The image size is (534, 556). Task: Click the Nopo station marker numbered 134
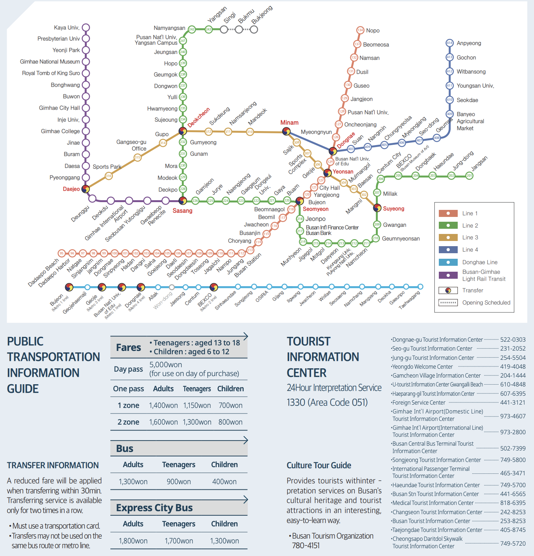[x=360, y=30]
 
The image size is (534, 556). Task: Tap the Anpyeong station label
[x=469, y=43]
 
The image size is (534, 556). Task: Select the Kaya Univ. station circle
[x=86, y=27]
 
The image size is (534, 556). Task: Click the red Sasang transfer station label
[x=183, y=211]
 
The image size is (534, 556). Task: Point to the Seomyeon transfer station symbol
[x=300, y=201]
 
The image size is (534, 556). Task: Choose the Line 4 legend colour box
[x=448, y=249]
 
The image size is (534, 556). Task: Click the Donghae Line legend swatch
[x=448, y=262]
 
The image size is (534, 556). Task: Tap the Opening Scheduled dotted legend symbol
[x=448, y=302]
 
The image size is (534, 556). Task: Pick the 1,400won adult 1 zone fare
[x=163, y=405]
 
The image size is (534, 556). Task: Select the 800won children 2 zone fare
[x=230, y=422]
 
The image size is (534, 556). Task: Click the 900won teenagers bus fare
[x=178, y=482]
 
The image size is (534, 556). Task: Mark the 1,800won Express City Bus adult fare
[x=133, y=541]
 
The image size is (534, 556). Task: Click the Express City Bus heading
[x=154, y=508]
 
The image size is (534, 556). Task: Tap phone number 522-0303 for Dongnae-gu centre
[x=513, y=339]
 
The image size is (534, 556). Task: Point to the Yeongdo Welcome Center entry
[x=423, y=366]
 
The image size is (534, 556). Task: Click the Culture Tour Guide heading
[x=319, y=465]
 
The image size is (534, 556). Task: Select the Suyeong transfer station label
[x=394, y=209]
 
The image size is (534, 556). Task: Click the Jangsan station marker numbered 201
[x=469, y=175]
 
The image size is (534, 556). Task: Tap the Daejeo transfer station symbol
[x=86, y=189]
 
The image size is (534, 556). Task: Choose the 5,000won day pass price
[x=166, y=365]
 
